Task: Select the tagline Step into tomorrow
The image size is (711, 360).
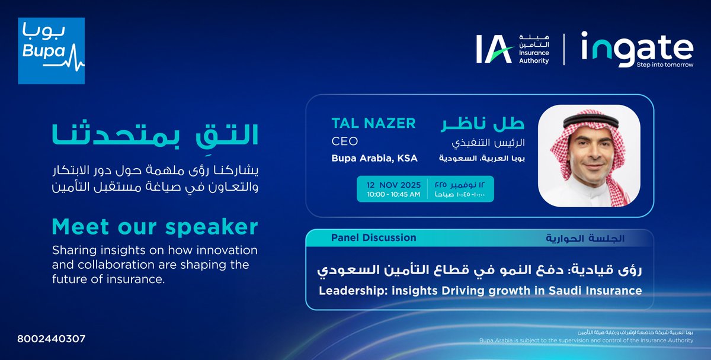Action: (x=664, y=65)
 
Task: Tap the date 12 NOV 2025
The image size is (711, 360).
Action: (x=392, y=183)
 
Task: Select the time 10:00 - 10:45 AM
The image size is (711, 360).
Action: (x=392, y=194)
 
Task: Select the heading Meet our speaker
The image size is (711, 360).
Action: (x=155, y=226)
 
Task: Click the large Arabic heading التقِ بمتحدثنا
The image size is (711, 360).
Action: (x=156, y=135)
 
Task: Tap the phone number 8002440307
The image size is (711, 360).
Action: (x=52, y=339)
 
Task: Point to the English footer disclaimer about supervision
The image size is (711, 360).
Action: (x=586, y=340)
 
